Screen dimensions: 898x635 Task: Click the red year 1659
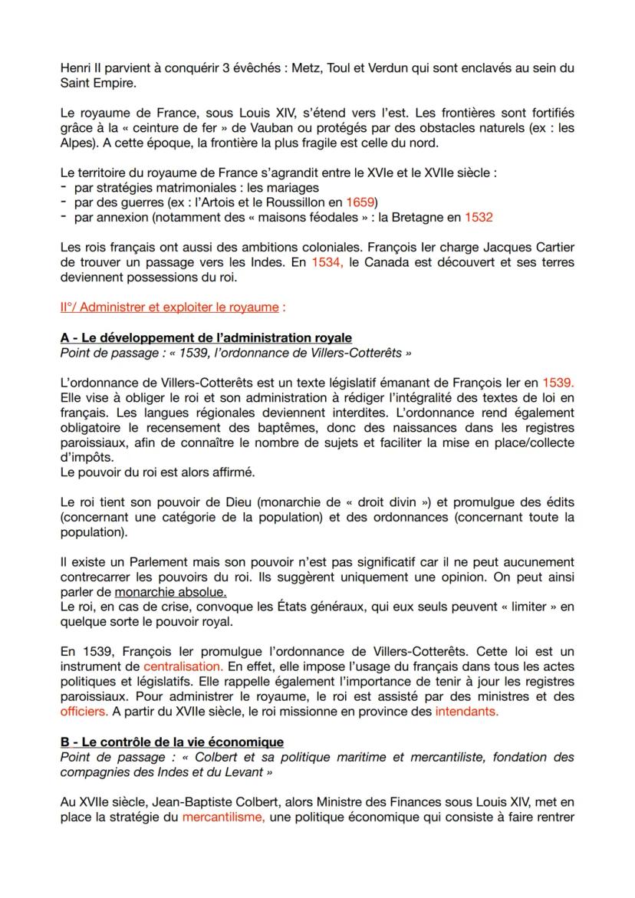coord(360,202)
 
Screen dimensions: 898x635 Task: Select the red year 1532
coord(478,217)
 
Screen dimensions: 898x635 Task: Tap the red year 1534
coord(325,262)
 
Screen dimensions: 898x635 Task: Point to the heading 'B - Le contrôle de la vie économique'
coord(171,742)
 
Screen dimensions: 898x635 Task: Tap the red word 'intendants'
coord(466,711)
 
